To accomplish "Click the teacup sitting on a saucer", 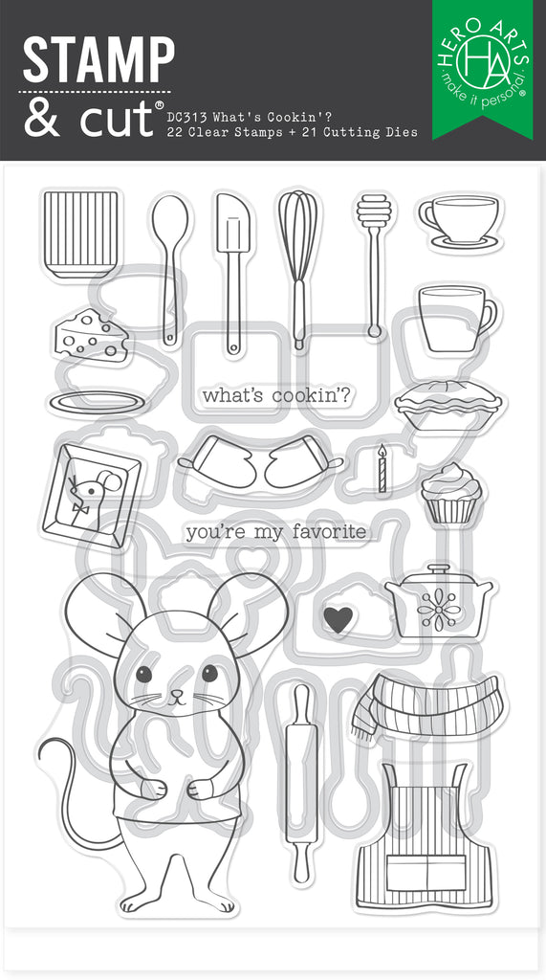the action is (x=460, y=221).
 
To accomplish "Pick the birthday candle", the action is (x=382, y=469).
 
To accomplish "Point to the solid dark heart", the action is (x=338, y=619).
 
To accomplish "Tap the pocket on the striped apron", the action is (x=426, y=872).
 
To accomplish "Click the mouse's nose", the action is (x=178, y=693).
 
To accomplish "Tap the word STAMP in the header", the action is (x=98, y=60).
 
